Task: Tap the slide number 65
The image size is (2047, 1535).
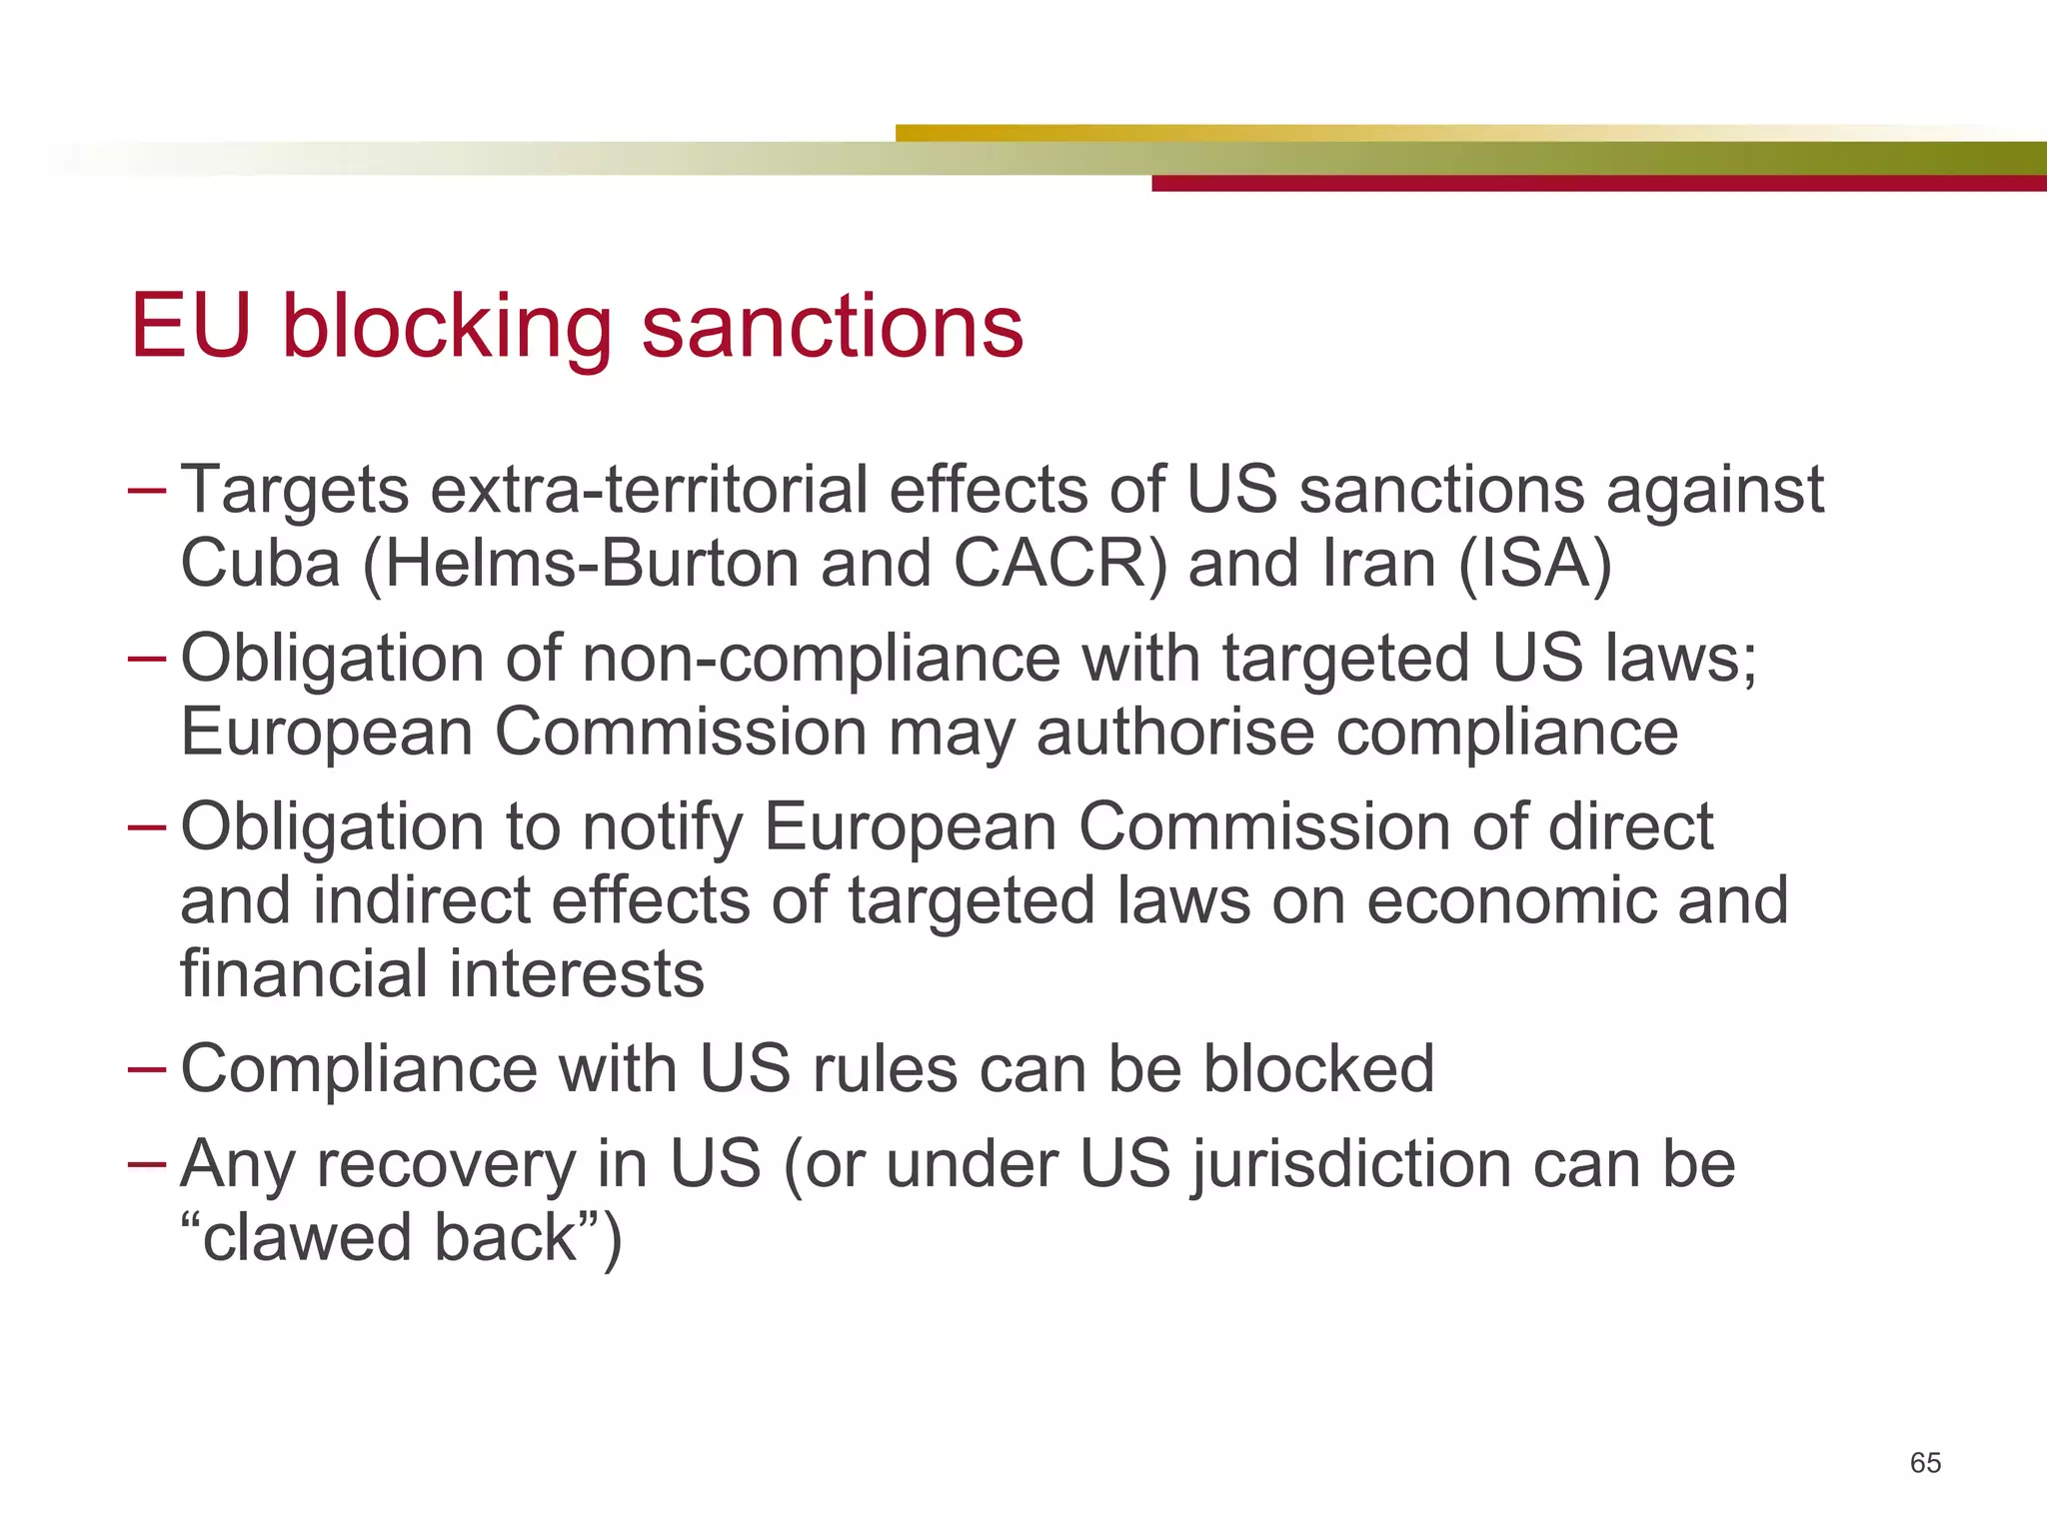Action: [1925, 1463]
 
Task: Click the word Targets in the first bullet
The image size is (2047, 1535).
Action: [295, 492]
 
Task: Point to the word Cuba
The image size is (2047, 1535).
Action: [261, 564]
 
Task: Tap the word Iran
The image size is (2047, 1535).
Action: [1379, 564]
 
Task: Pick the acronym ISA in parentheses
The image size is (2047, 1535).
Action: [1535, 564]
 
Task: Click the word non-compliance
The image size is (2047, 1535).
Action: [821, 660]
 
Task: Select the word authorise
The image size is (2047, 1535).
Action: [1175, 733]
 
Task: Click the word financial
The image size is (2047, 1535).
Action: [304, 974]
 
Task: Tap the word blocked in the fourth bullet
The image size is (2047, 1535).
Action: [1318, 1069]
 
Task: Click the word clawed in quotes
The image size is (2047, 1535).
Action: [307, 1238]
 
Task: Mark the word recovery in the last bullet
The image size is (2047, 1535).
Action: [446, 1165]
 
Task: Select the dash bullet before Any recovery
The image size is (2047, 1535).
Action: [147, 1164]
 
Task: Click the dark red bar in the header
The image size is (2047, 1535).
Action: [1599, 184]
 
